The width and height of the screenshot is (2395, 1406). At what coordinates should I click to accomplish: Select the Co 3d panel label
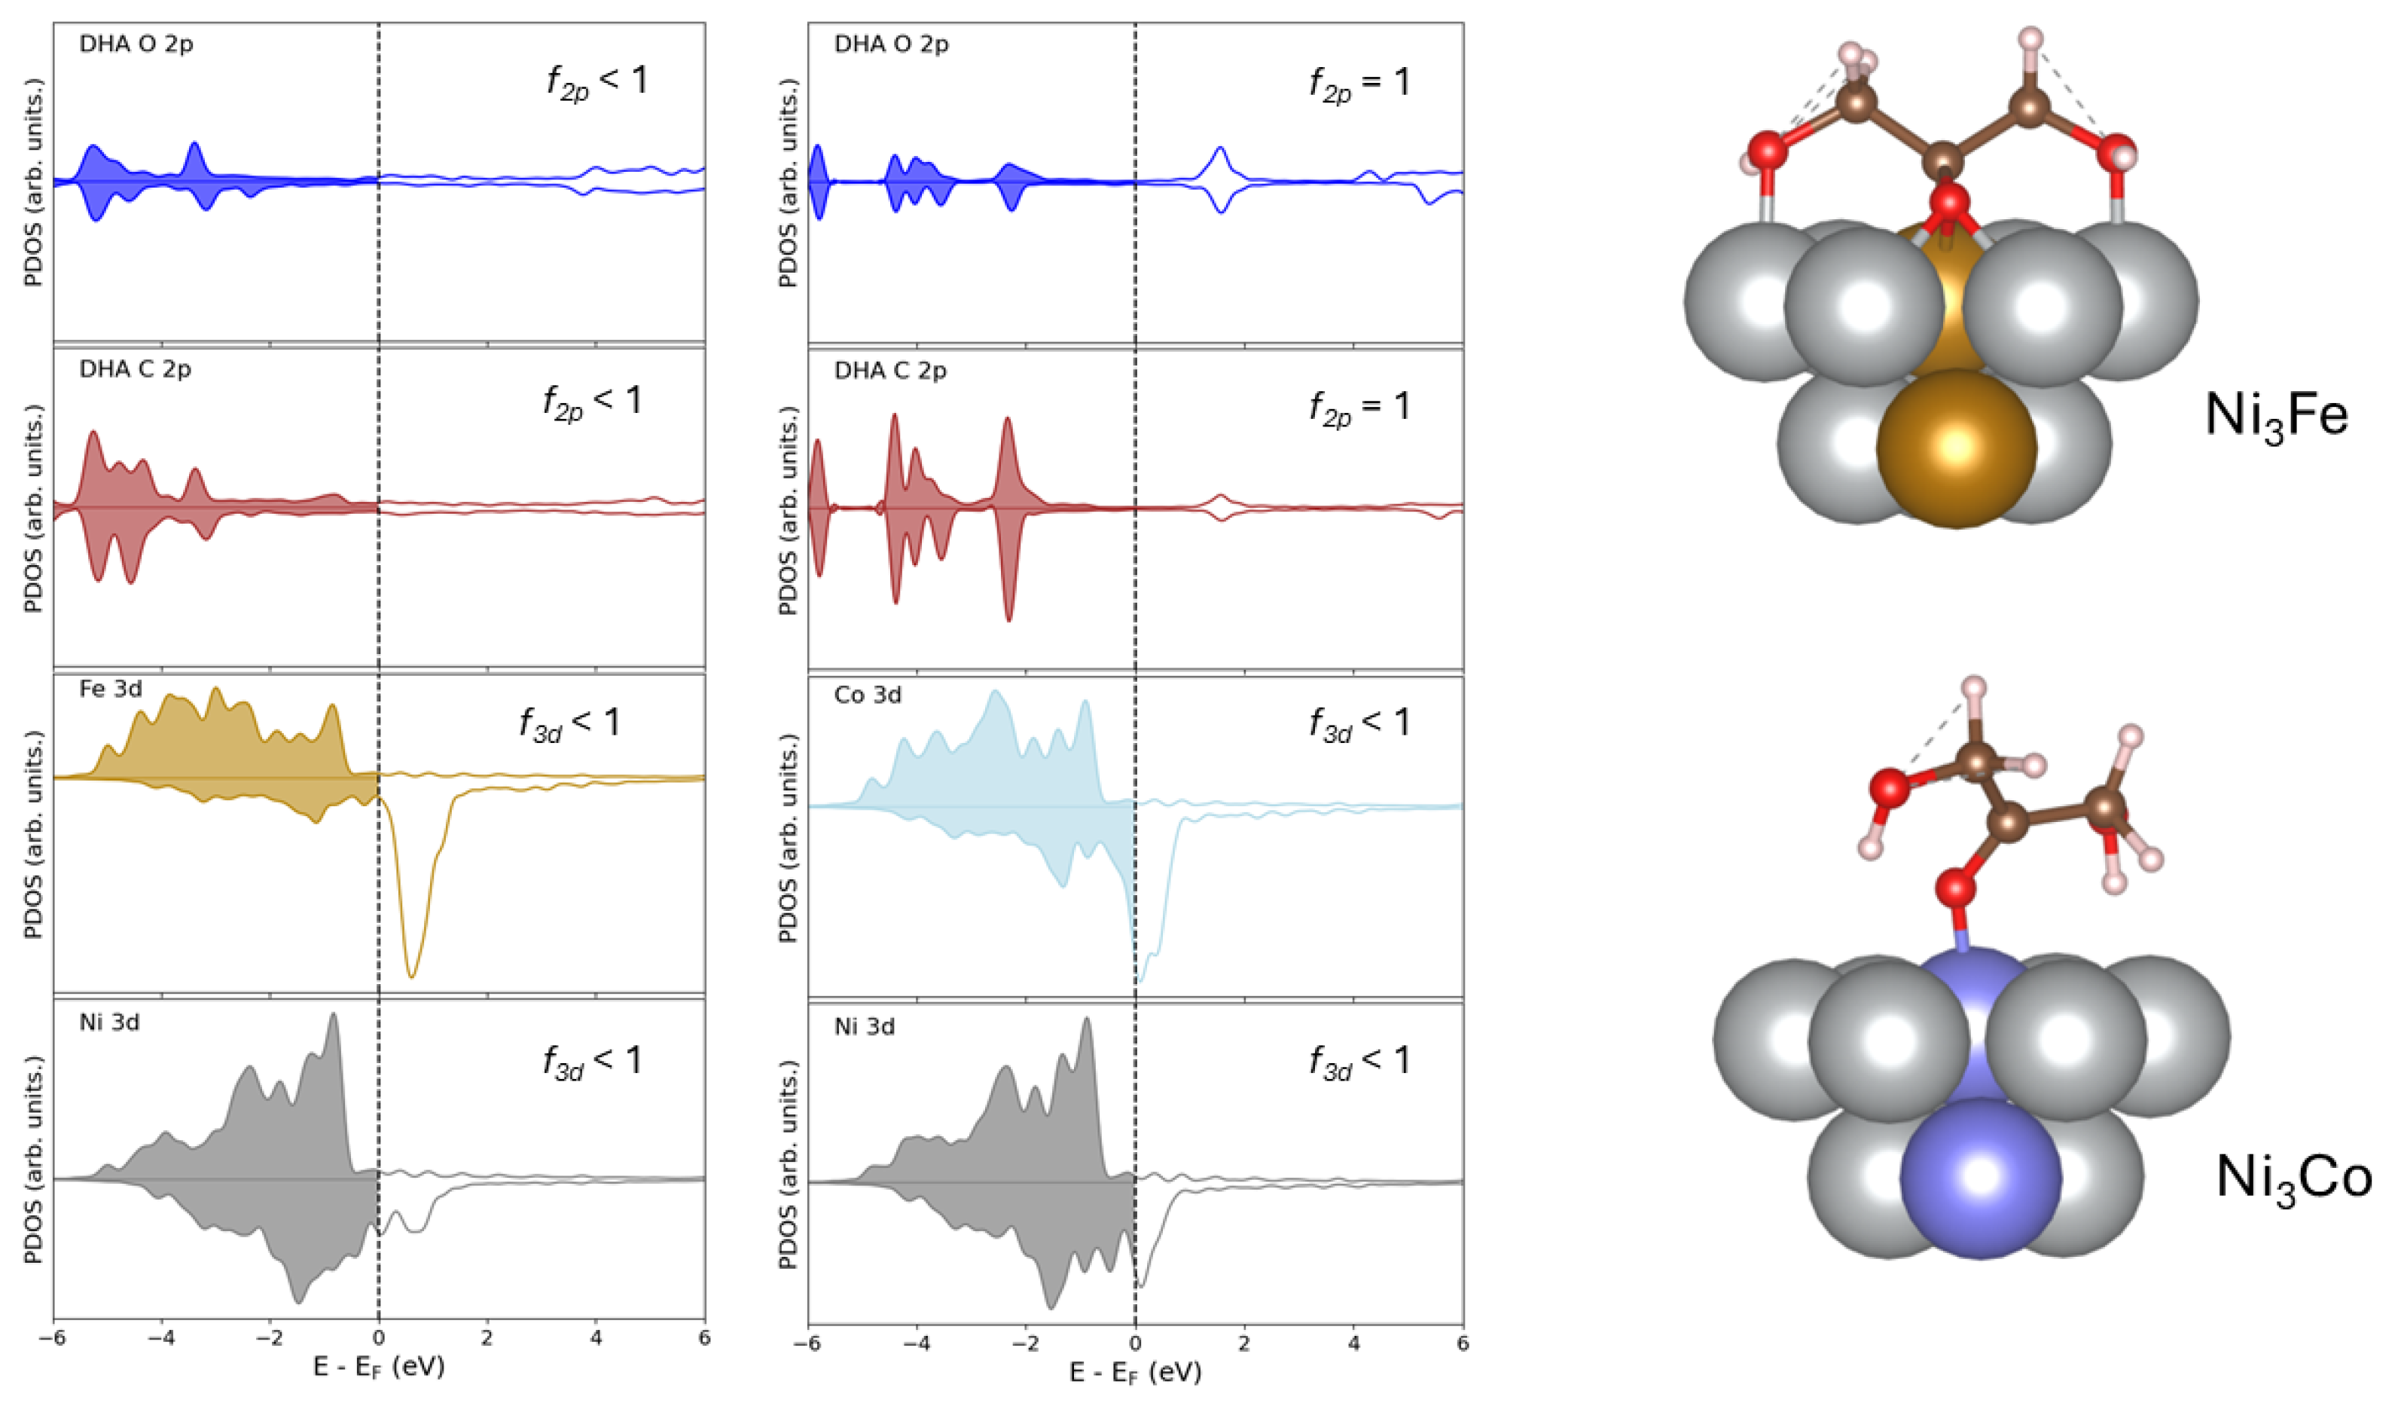point(867,696)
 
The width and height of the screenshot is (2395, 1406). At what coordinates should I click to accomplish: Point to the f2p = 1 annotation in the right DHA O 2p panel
point(1359,84)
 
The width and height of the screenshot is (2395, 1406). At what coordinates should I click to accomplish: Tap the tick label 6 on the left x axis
point(703,1338)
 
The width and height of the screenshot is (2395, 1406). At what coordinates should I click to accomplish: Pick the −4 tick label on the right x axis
point(914,1344)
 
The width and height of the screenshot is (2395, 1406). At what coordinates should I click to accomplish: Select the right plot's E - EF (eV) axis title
point(1135,1373)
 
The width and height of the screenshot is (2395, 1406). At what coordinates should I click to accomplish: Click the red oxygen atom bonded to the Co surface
point(1956,890)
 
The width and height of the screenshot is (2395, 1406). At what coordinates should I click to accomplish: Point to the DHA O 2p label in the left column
point(136,44)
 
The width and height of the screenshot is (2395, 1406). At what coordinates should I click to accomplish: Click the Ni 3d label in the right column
point(864,1027)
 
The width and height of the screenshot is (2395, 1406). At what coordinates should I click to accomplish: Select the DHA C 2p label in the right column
point(890,371)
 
